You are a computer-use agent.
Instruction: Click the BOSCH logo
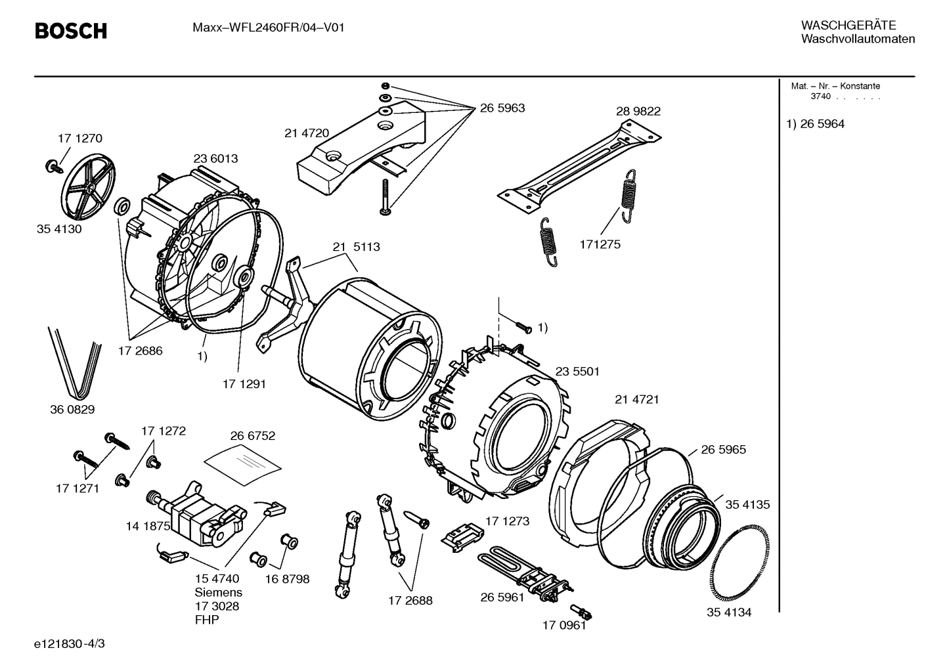point(70,31)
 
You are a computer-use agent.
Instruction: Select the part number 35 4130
point(59,230)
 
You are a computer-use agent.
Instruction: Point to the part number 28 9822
point(638,112)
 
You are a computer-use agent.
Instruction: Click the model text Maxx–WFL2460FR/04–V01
point(268,28)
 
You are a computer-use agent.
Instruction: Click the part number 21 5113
point(356,248)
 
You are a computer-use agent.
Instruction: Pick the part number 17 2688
point(410,600)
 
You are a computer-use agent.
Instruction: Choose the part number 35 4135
point(747,505)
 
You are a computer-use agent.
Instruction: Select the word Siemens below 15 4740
point(218,592)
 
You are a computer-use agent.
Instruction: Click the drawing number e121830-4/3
point(69,644)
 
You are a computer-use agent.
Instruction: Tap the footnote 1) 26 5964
point(815,124)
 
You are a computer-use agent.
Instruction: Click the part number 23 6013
point(215,159)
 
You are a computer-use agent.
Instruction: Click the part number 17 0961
point(563,625)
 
